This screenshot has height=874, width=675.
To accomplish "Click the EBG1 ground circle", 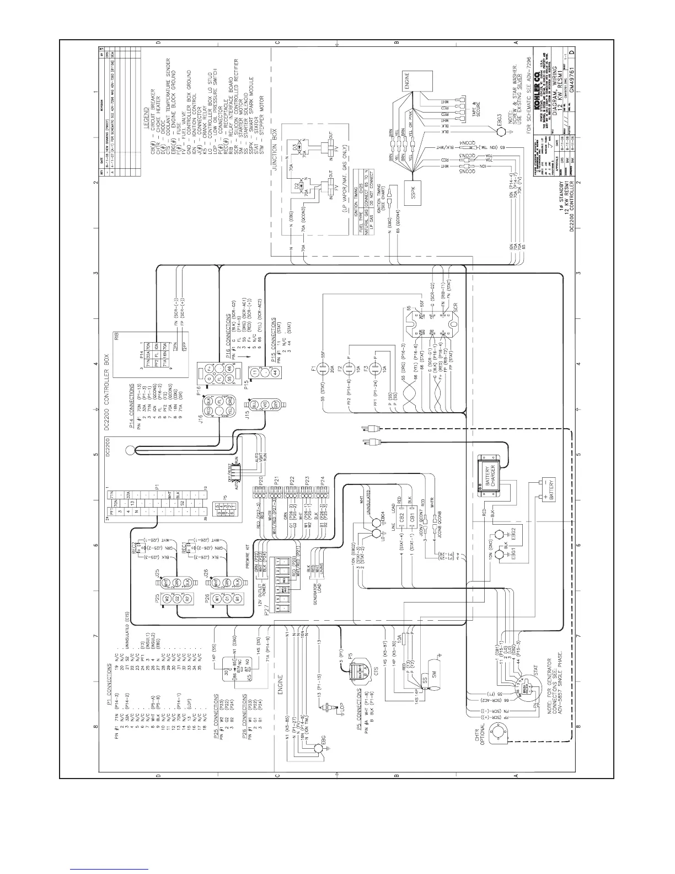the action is [x=501, y=553].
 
